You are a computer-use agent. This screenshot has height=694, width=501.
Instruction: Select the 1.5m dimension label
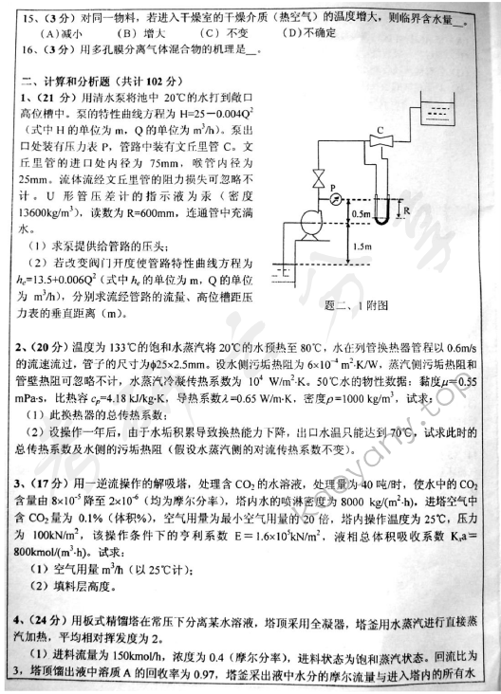coord(358,247)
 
